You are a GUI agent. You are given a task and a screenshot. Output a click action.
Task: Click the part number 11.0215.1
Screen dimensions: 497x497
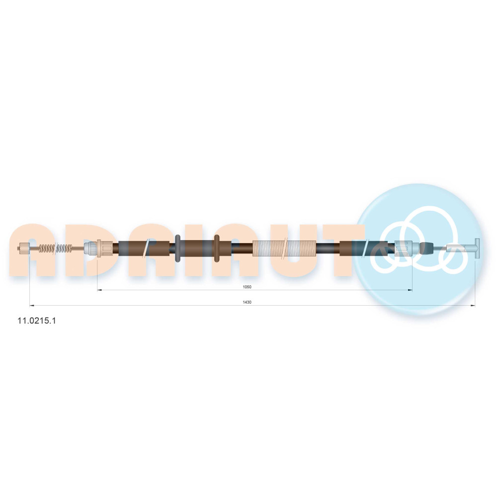point(36,321)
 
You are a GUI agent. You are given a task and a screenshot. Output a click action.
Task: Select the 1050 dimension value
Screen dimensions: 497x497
point(247,287)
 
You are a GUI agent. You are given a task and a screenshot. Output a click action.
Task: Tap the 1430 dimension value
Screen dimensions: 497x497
point(247,302)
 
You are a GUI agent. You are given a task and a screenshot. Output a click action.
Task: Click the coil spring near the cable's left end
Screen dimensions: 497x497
point(56,248)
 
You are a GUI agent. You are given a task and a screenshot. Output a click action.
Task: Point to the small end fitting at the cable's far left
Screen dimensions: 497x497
point(24,248)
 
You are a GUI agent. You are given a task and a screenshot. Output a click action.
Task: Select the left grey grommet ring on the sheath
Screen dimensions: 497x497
point(178,248)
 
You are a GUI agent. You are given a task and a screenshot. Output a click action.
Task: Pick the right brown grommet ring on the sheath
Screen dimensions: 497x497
point(217,248)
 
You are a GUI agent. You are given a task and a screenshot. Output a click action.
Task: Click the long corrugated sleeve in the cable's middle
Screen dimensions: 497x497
point(284,248)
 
